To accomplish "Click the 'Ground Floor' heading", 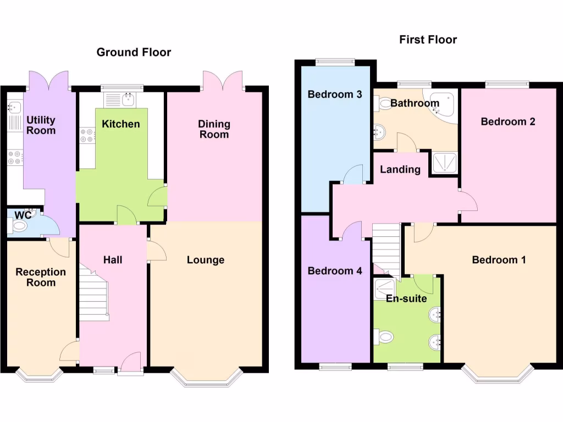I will click(134, 52).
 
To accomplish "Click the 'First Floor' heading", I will click(428, 40).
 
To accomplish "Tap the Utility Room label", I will click(41, 125).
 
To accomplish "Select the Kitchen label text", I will click(121, 124).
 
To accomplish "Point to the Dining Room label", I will click(214, 129).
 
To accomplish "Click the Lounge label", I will click(205, 260).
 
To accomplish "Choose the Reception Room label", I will click(41, 277).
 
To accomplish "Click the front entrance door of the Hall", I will click(131, 362).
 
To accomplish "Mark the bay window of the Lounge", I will click(206, 378).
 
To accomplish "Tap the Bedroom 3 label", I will click(334, 95).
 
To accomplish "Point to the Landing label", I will click(400, 169).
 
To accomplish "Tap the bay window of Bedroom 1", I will click(498, 375).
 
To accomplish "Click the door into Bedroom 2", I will click(467, 201).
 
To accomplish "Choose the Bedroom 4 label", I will click(334, 271).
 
